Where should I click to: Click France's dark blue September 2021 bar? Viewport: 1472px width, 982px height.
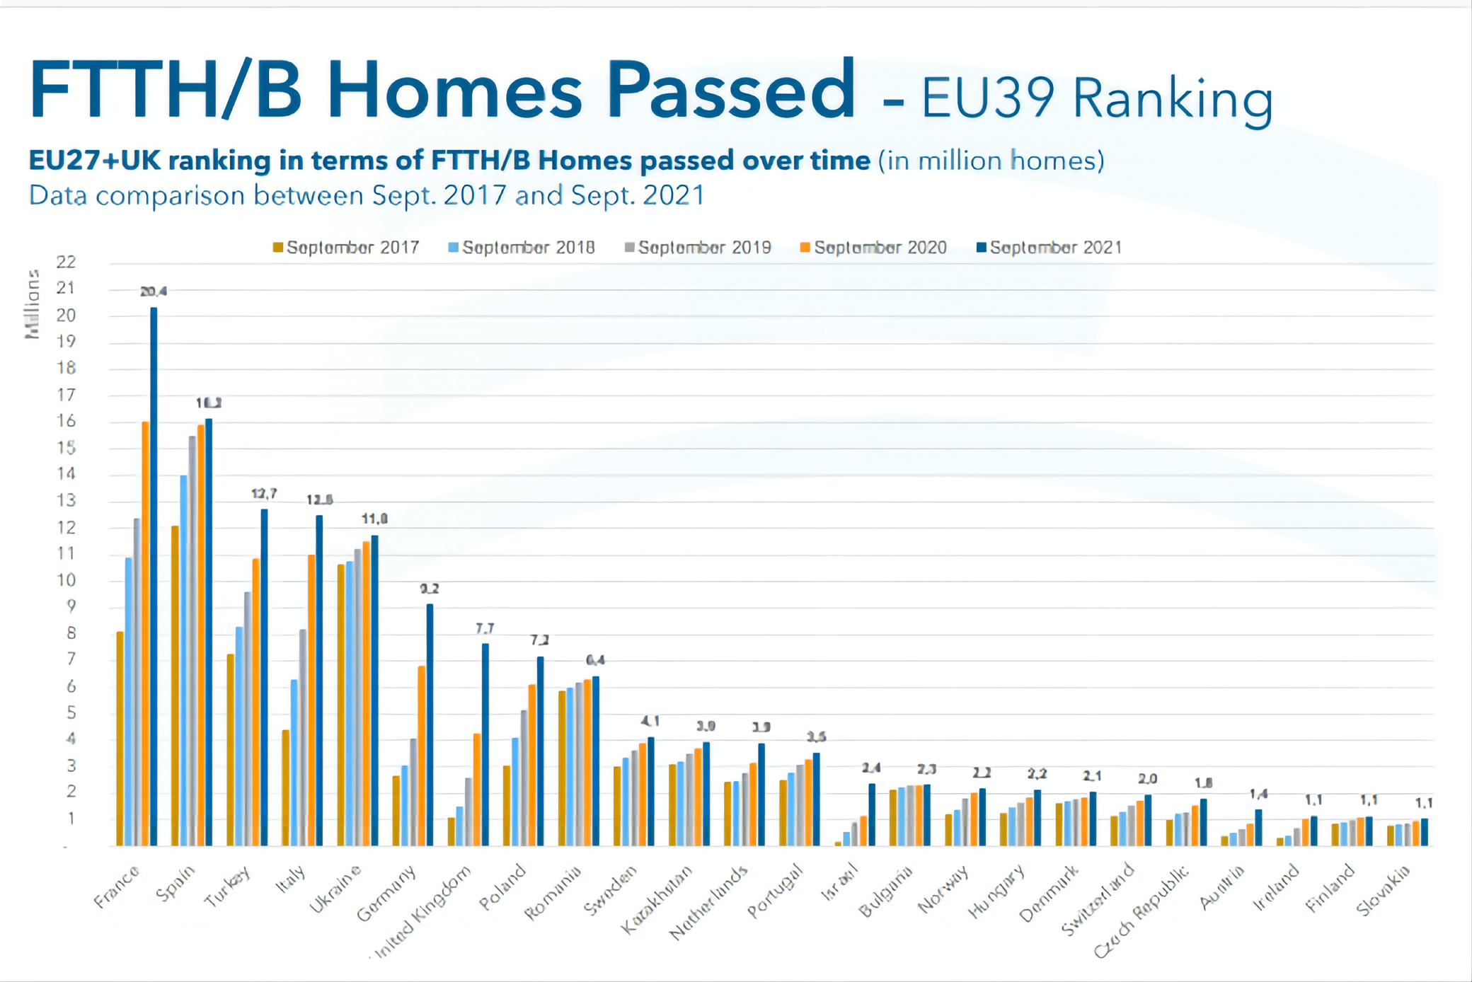(x=154, y=577)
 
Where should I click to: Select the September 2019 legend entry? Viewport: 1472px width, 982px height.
(x=698, y=248)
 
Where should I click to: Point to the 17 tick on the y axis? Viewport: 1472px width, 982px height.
(x=66, y=395)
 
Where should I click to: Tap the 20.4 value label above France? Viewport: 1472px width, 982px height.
(x=154, y=291)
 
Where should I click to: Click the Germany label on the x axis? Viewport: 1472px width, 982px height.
(x=386, y=893)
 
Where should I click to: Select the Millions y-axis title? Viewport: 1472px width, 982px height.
(x=33, y=304)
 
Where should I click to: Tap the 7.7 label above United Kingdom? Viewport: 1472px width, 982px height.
(x=485, y=628)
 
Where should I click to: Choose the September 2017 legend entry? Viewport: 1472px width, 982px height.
(x=346, y=248)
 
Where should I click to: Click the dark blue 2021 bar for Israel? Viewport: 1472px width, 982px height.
(x=872, y=815)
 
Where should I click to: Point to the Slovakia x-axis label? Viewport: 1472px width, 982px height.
(x=1384, y=889)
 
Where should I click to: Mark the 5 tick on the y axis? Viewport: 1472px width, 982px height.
(x=71, y=712)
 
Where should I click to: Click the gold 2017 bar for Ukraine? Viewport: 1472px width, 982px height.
(x=341, y=705)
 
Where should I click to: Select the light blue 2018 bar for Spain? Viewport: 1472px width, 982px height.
(x=184, y=661)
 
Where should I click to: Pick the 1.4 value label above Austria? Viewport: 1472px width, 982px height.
(x=1258, y=794)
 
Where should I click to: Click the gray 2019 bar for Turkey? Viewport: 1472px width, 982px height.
(x=248, y=719)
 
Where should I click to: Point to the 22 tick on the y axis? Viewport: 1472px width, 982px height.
(x=66, y=262)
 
